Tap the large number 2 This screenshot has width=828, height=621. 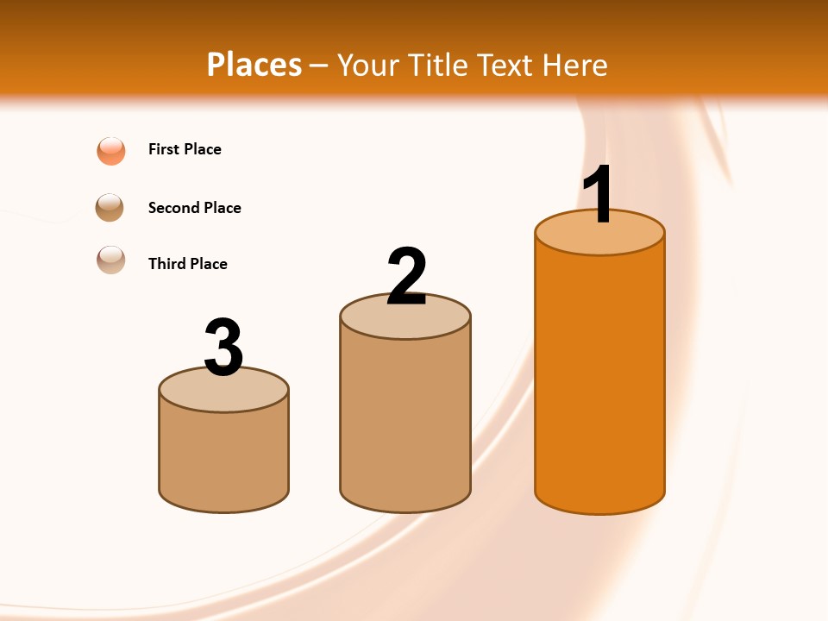(x=406, y=277)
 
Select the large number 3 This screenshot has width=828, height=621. (x=223, y=348)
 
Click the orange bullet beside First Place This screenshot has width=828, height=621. (x=111, y=150)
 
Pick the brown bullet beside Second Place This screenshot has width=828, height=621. (x=110, y=207)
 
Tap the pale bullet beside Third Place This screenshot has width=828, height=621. (x=111, y=260)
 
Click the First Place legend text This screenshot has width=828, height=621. (x=185, y=149)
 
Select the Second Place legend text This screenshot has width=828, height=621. (x=194, y=208)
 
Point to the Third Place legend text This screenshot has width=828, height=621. (x=187, y=264)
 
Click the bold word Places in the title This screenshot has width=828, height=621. (x=254, y=65)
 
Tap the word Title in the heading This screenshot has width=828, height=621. (x=437, y=65)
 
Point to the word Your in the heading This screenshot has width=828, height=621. (x=368, y=65)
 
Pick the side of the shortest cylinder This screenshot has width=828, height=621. (x=223, y=457)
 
